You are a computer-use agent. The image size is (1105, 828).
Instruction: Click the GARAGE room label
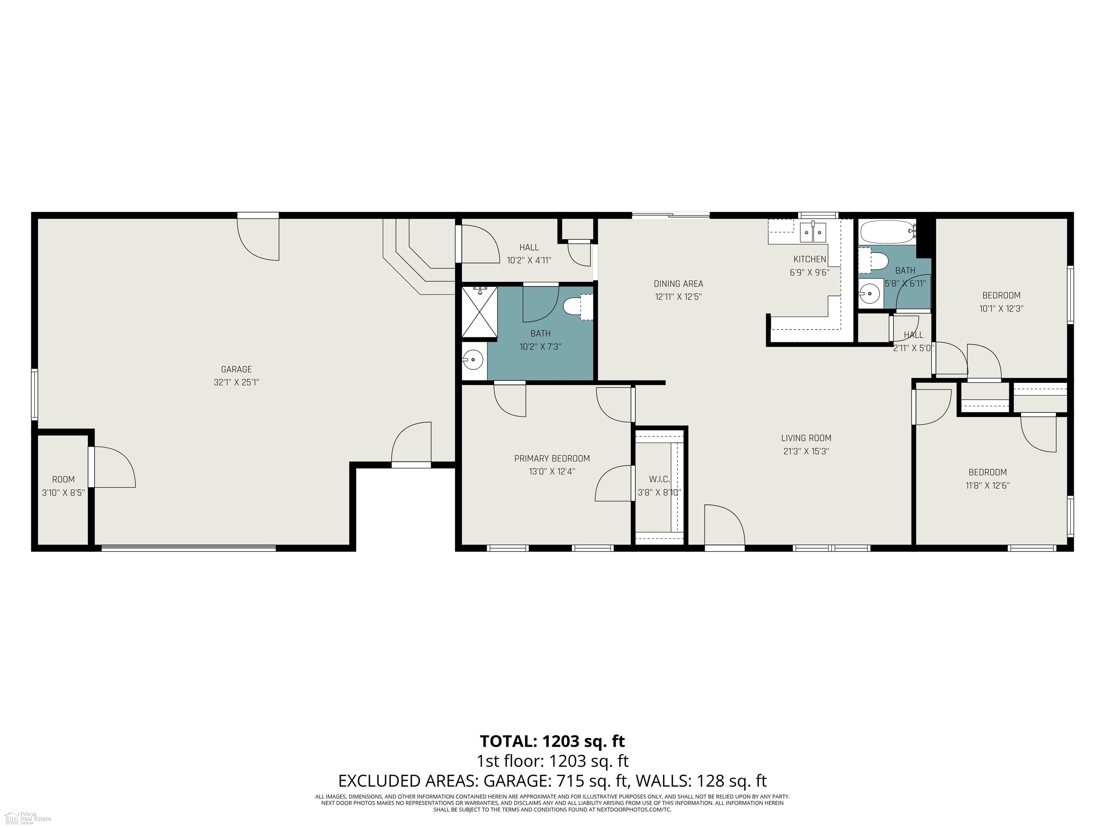[236, 369]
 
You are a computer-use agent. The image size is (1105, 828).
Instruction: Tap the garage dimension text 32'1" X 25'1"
[236, 383]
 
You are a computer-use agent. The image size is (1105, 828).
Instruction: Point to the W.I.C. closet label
[659, 479]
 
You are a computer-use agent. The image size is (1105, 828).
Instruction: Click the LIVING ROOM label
[806, 438]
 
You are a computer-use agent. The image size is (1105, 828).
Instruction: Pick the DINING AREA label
[678, 284]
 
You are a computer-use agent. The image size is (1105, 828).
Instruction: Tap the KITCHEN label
[809, 259]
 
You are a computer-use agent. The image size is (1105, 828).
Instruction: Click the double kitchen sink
[813, 233]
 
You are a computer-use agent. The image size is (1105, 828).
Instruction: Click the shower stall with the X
[479, 312]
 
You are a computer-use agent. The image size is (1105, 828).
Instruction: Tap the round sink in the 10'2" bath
[472, 358]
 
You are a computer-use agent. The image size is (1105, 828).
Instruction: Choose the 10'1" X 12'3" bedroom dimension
[1001, 308]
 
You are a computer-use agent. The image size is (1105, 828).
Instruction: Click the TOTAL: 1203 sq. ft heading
[552, 741]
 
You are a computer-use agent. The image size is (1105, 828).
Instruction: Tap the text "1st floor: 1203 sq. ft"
[552, 761]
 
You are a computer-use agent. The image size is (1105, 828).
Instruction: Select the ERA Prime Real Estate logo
[27, 818]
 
